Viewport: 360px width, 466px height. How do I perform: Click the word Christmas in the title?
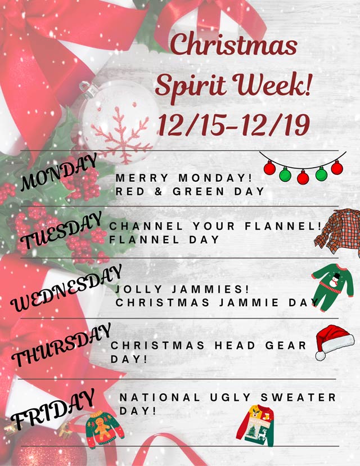pyautogui.click(x=234, y=44)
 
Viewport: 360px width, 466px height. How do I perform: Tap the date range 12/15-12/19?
pyautogui.click(x=234, y=125)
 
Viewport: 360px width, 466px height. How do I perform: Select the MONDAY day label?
pyautogui.click(x=58, y=172)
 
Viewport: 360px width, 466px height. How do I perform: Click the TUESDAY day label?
pyautogui.click(x=62, y=230)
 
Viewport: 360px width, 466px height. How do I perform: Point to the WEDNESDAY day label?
pyautogui.click(x=66, y=288)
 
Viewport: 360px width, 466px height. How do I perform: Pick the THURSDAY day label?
pyautogui.click(x=61, y=345)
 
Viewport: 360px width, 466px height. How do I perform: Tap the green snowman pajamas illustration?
pyautogui.click(x=332, y=287)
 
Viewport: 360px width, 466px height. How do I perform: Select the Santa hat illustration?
pyautogui.click(x=335, y=342)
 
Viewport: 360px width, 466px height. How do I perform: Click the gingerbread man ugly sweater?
pyautogui.click(x=104, y=428)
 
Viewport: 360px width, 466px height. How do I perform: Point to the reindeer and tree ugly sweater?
pyautogui.click(x=255, y=425)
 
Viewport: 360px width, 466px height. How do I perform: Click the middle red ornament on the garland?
pyautogui.click(x=303, y=177)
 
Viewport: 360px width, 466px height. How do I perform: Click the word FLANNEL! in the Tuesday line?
pyautogui.click(x=283, y=226)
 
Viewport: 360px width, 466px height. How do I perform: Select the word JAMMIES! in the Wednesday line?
pyautogui.click(x=210, y=289)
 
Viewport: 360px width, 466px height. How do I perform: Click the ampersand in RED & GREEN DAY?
pyautogui.click(x=159, y=192)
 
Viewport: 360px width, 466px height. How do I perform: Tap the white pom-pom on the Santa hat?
pyautogui.click(x=321, y=356)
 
